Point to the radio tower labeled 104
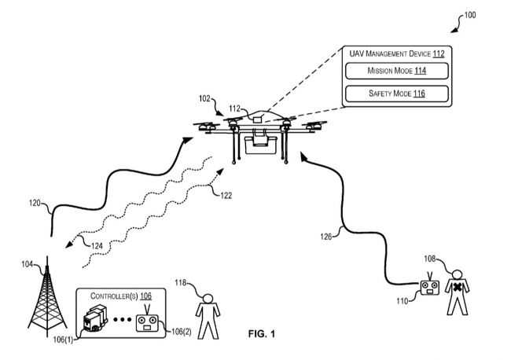pos(46,296)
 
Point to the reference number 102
pos(203,100)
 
